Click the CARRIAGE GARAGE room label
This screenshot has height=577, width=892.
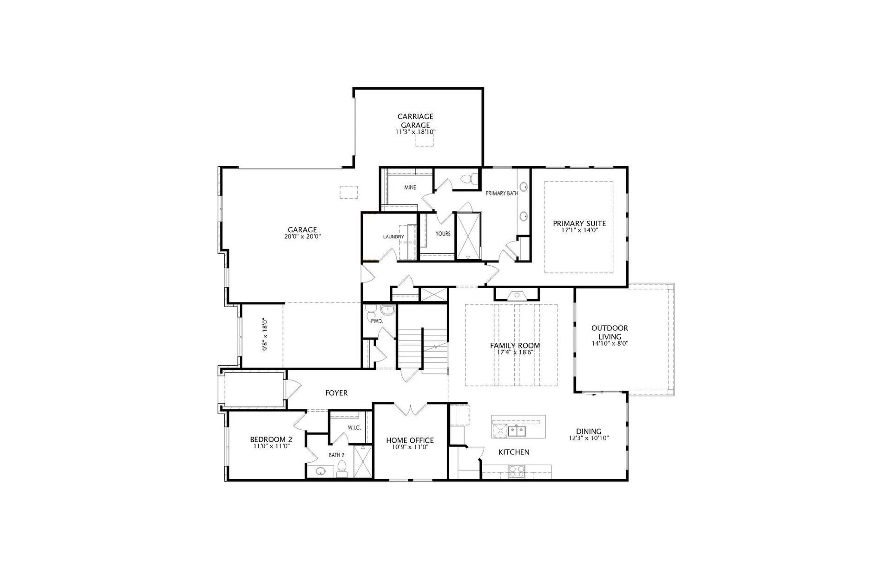415,121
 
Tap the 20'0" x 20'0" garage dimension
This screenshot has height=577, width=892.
302,236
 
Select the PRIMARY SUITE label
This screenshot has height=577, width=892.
579,223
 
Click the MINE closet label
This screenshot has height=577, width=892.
410,188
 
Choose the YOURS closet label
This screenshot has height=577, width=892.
443,234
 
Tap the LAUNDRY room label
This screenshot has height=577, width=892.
394,237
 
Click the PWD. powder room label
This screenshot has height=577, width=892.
376,321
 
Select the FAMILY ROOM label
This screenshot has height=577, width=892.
515,346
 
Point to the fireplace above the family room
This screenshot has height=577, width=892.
517,294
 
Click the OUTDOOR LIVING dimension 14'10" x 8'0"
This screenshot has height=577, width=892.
610,344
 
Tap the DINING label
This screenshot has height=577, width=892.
589,431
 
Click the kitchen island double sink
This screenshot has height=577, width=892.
517,432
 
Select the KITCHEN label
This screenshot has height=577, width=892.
514,452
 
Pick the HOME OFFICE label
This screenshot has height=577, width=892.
410,440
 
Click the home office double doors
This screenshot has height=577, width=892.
411,409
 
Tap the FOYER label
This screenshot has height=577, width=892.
336,393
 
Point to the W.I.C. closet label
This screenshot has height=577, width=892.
354,428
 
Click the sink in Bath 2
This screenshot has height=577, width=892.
320,472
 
